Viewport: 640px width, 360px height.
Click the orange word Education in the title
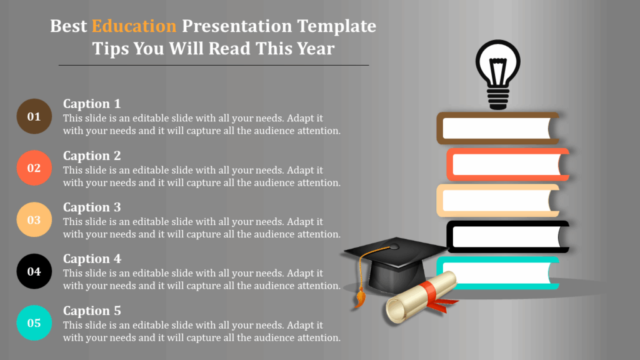[x=134, y=26]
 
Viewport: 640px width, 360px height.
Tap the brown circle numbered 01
[x=34, y=116]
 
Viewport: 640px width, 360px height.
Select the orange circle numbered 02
[x=34, y=168]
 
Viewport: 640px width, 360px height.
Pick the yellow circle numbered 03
[x=34, y=220]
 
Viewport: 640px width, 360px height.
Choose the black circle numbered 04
[x=34, y=271]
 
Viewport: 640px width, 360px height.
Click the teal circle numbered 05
[x=34, y=323]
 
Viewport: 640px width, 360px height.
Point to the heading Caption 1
[x=92, y=104]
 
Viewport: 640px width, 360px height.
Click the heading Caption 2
[x=92, y=156]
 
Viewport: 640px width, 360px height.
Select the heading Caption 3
[x=92, y=207]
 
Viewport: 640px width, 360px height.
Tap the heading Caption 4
[x=92, y=259]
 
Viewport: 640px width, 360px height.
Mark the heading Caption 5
[x=92, y=311]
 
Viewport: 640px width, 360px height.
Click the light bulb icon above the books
[x=497, y=74]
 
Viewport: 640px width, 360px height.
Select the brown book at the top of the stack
[x=497, y=127]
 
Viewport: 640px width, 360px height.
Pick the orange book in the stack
[x=507, y=164]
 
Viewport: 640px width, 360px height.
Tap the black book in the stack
[x=507, y=236]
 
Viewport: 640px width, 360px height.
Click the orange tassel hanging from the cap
[x=359, y=297]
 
